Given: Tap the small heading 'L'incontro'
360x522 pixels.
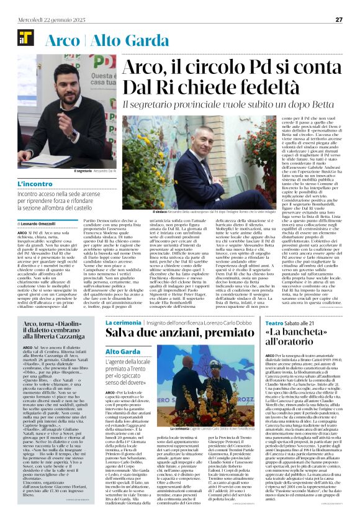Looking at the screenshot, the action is (35, 185).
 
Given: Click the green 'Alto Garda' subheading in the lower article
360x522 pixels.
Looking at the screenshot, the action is (123, 352).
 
